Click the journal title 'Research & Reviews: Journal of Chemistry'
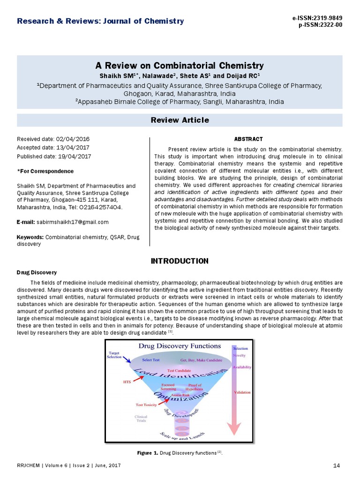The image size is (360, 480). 100,21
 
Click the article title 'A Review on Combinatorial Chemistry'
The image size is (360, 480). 180,66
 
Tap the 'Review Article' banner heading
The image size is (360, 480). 180,120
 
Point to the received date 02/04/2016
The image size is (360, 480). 73,139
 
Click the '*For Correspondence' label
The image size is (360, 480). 45,171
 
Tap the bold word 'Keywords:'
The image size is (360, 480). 30,238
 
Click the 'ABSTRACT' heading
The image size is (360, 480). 248,139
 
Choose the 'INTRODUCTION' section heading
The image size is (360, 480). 180,261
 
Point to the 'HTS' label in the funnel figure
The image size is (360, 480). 127,382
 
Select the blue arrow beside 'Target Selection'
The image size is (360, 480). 127,359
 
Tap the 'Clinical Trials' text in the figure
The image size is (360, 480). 141,418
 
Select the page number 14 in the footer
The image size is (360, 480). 336,465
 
